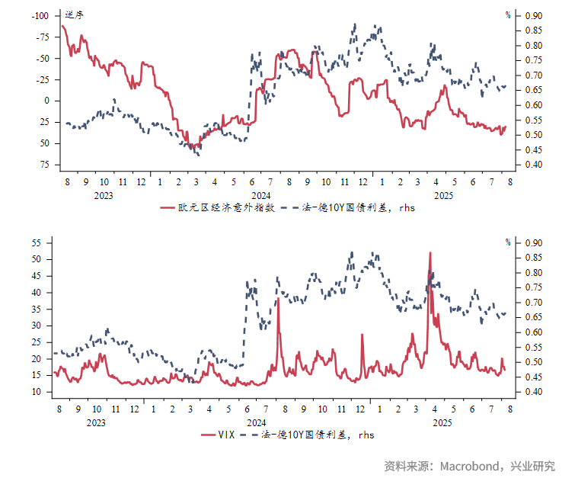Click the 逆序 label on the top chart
pyautogui.click(x=74, y=14)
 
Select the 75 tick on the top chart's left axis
pyautogui.click(x=45, y=165)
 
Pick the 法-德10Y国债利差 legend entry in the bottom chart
pyautogui.click(x=317, y=435)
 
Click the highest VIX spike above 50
pyautogui.click(x=430, y=254)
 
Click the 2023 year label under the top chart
pyautogui.click(x=103, y=194)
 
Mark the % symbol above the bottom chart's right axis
pyautogui.click(x=508, y=242)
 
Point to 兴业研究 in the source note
pyautogui.click(x=532, y=466)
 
